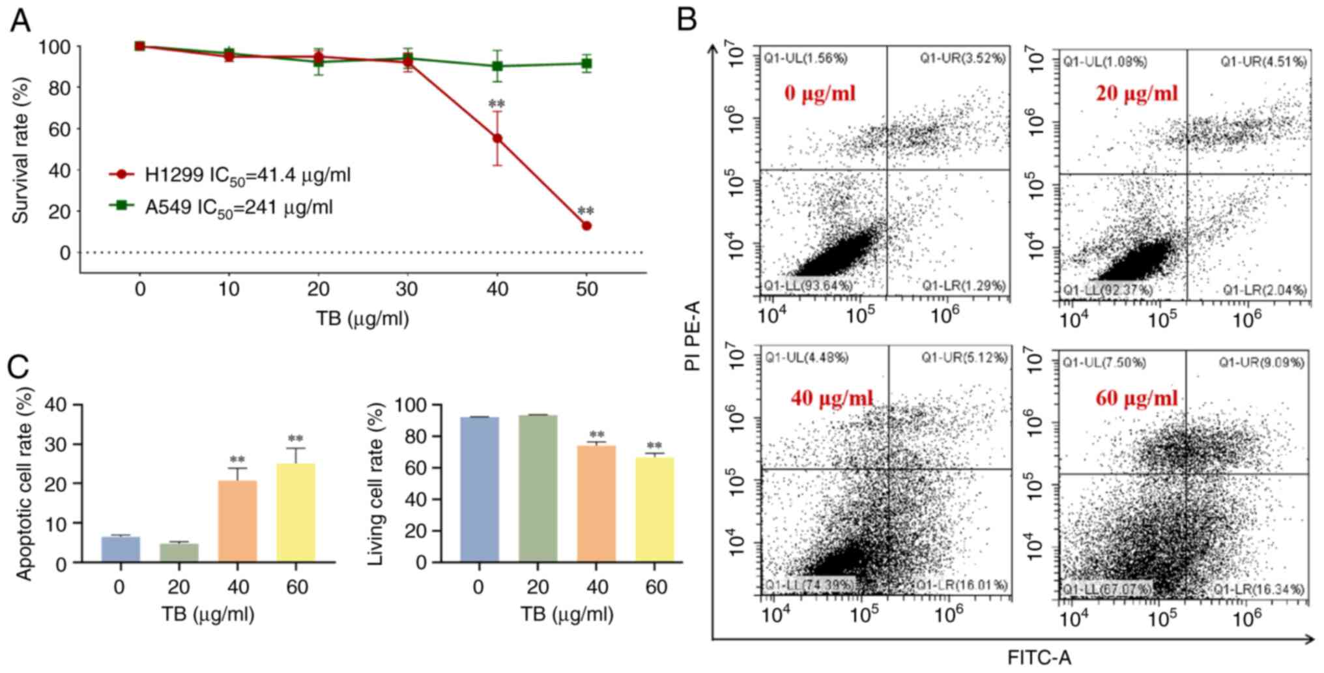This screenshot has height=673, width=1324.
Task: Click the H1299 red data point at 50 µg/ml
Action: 586,225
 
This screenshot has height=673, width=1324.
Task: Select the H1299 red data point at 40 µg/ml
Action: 497,138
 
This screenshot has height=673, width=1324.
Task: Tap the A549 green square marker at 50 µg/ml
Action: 586,63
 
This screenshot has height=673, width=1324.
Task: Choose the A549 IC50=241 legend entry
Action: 221,207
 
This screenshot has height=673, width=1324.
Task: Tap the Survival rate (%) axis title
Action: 21,150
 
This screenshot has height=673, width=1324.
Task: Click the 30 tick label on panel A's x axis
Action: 407,289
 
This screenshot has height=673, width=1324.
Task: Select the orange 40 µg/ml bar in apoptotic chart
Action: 237,521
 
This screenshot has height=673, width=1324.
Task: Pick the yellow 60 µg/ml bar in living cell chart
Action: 655,509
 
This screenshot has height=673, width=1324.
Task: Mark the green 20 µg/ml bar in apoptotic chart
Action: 179,552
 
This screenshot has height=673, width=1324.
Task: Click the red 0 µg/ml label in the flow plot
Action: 820,93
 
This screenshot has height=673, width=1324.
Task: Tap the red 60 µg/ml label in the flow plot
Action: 1136,397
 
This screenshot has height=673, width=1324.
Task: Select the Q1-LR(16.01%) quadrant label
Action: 962,584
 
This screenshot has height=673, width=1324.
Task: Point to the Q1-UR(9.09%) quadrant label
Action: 1261,362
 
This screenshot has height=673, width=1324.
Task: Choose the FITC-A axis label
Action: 1039,657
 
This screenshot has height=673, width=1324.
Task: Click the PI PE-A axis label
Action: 692,335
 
